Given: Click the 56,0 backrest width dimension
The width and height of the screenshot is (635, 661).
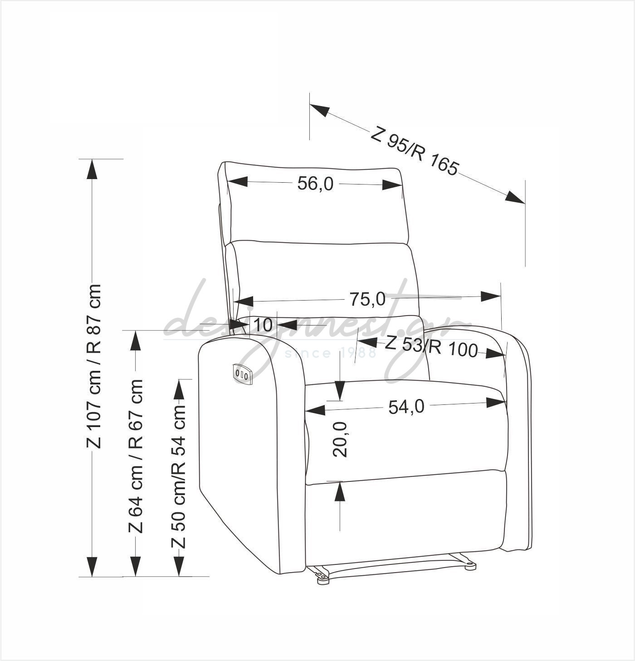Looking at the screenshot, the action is [x=315, y=184].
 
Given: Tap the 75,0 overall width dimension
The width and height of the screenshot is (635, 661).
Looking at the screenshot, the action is [x=367, y=299].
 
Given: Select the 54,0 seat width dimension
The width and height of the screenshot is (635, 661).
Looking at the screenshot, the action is [x=406, y=407].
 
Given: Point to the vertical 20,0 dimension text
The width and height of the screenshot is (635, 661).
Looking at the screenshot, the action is [x=340, y=440].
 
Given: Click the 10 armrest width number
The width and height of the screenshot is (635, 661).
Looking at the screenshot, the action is [x=263, y=325].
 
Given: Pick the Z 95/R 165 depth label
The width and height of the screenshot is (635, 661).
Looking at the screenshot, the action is [x=415, y=151].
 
